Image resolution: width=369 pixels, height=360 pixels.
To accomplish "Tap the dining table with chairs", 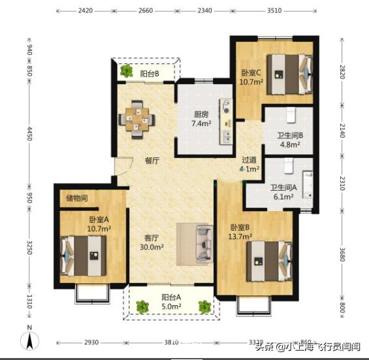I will [x=136, y=119].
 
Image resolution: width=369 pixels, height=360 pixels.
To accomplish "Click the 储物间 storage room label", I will [x=76, y=198].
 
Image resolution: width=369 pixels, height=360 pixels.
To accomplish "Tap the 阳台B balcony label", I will [x=150, y=74].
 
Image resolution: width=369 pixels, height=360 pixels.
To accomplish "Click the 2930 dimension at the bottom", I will [x=91, y=343].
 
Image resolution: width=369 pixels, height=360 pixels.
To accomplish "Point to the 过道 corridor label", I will [x=249, y=159].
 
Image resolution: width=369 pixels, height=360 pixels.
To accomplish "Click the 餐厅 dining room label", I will [x=152, y=161].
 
